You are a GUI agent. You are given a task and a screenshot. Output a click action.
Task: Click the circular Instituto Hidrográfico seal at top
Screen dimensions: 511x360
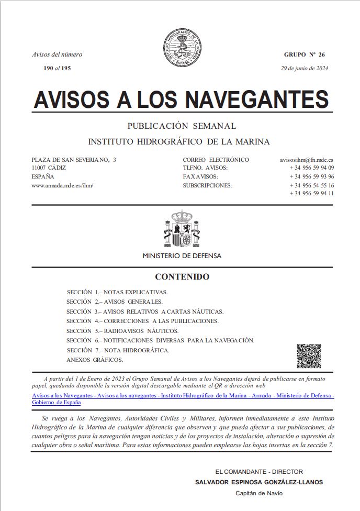click(x=182, y=46)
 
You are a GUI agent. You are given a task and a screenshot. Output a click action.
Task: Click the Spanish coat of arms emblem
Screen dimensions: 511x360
click(x=182, y=230)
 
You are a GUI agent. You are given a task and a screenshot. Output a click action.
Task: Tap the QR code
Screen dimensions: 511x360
click(x=309, y=356)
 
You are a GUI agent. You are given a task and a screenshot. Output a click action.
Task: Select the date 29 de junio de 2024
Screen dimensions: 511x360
click(x=305, y=68)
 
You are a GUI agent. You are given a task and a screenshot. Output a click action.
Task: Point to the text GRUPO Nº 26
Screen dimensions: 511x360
click(x=305, y=54)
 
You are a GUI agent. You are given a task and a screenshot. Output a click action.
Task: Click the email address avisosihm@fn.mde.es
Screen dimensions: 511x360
click(x=307, y=160)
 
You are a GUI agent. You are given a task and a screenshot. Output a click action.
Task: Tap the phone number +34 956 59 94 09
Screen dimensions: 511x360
click(x=311, y=168)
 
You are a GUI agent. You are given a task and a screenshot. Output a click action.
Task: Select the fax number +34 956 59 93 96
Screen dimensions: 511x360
click(x=311, y=176)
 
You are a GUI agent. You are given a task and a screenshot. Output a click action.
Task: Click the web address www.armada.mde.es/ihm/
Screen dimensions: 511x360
click(x=62, y=185)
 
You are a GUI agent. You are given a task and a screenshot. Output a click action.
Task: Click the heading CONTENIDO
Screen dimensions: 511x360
click(x=182, y=276)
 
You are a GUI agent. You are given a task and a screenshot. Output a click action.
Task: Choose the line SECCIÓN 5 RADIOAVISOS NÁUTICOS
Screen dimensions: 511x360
click(x=122, y=331)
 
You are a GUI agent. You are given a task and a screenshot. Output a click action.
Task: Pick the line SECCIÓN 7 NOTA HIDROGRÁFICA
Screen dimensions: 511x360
click(x=118, y=350)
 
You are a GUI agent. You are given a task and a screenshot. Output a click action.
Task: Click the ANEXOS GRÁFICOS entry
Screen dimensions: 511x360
click(x=95, y=360)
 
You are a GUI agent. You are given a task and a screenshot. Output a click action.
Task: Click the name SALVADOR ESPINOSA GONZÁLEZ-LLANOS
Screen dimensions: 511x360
click(x=258, y=482)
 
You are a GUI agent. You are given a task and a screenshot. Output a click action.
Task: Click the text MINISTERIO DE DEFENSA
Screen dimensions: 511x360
click(x=182, y=256)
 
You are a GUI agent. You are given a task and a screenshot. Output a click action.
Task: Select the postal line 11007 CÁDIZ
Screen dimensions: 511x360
click(x=49, y=168)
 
